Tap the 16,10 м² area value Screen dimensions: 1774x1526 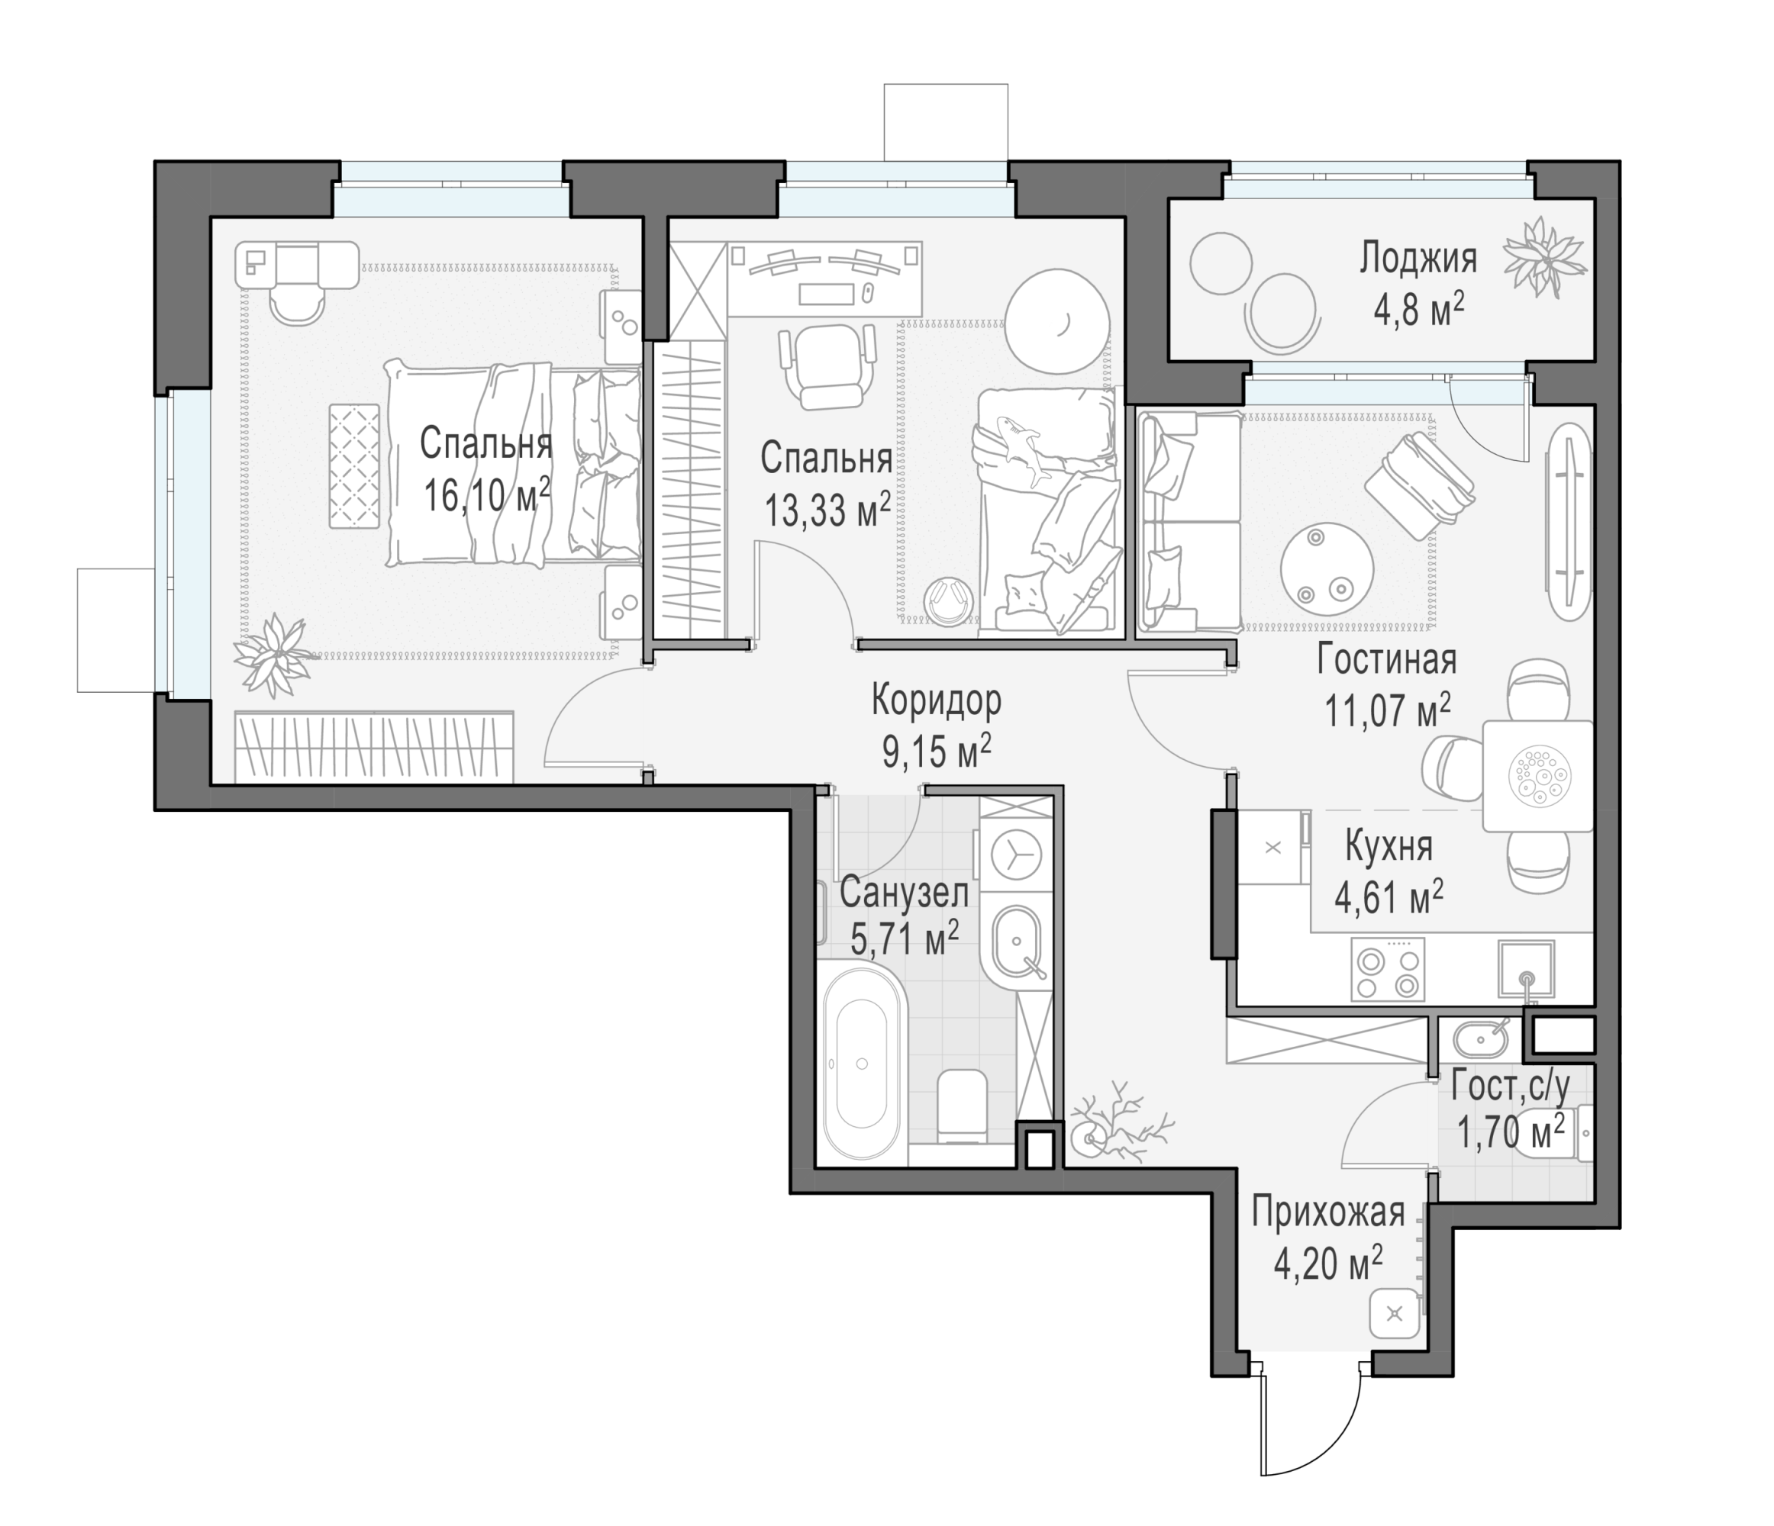coord(486,495)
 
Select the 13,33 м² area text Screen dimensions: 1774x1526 coord(827,510)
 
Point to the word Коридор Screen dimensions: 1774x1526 coord(936,700)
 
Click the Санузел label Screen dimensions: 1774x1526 coord(903,893)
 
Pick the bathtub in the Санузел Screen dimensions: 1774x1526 coord(862,1063)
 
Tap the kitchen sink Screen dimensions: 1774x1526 coord(1527,970)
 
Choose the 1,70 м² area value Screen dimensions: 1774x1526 coord(1511,1132)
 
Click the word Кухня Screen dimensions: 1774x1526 coord(1389,845)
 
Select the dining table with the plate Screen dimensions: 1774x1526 coord(1537,775)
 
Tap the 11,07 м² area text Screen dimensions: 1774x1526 coord(1387,710)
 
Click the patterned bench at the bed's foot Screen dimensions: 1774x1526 coord(354,466)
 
